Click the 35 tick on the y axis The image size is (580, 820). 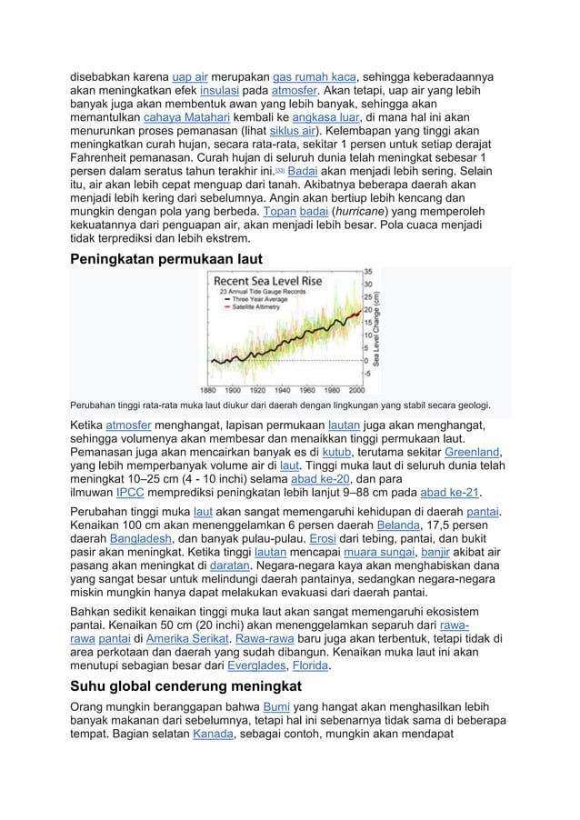[368, 272]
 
